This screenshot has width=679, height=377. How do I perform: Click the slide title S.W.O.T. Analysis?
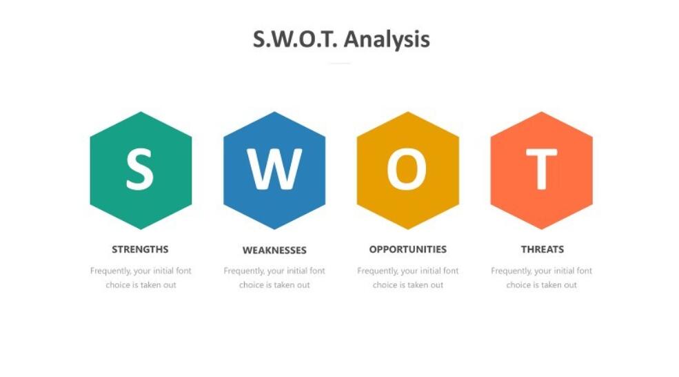(x=341, y=39)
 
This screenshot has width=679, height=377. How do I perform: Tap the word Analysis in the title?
(x=387, y=39)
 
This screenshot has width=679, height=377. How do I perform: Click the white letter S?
(x=140, y=170)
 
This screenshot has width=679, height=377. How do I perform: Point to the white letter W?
(x=274, y=170)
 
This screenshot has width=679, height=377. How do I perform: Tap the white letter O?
(x=407, y=170)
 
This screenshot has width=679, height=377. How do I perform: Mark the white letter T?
(x=541, y=170)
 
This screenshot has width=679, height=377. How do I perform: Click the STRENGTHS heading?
(x=140, y=249)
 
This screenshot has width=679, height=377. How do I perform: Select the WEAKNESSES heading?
(x=274, y=250)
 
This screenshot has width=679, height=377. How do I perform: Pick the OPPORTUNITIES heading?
(x=407, y=249)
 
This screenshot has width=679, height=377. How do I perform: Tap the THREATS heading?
(x=542, y=249)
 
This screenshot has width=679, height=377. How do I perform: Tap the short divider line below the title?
(x=339, y=64)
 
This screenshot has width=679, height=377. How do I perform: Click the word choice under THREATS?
(x=518, y=285)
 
